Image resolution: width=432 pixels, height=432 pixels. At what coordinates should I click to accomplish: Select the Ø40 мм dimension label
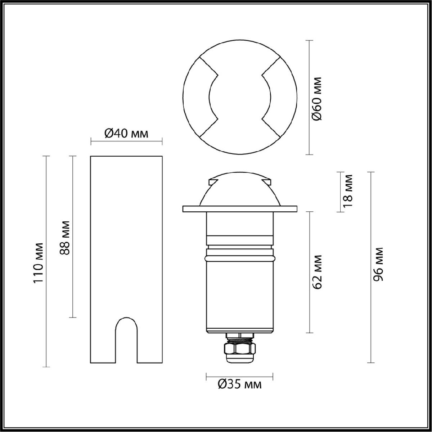pyautogui.click(x=126, y=134)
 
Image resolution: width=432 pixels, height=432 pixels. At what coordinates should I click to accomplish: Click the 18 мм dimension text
pyautogui.click(x=348, y=191)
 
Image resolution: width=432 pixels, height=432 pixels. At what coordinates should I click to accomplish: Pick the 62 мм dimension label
pyautogui.click(x=317, y=272)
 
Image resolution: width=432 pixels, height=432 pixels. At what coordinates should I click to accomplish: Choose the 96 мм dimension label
pyautogui.click(x=378, y=264)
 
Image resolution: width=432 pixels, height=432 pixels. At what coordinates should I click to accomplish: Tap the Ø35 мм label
pyautogui.click(x=240, y=385)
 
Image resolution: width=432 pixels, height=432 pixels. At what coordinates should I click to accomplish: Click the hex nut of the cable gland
pyautogui.click(x=239, y=348)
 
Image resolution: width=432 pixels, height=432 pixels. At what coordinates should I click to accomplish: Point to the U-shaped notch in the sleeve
pyautogui.click(x=126, y=338)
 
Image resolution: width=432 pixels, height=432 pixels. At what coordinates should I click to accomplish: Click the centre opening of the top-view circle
pyautogui.click(x=240, y=97)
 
